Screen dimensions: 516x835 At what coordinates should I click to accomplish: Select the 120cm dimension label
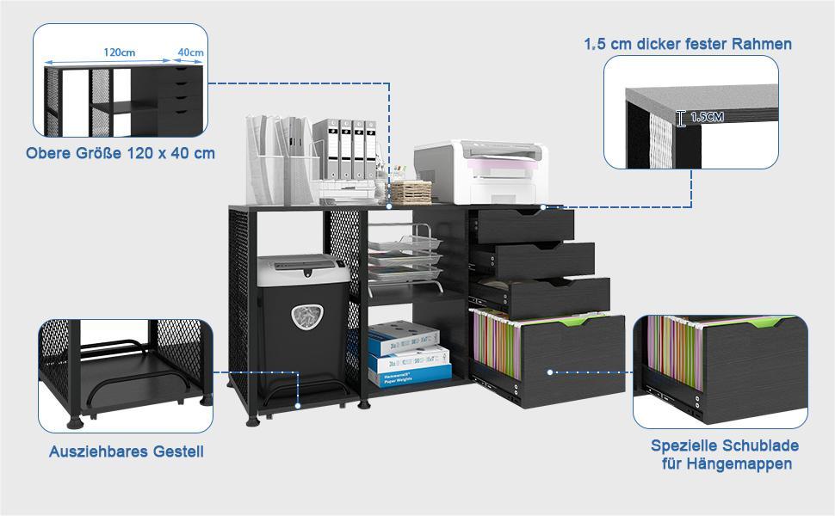pyautogui.click(x=119, y=52)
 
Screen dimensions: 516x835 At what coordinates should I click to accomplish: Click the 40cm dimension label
pyautogui.click(x=190, y=52)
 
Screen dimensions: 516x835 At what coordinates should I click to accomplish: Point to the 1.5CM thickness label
pyautogui.click(x=706, y=117)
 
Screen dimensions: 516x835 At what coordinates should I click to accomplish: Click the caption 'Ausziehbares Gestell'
pyautogui.click(x=127, y=451)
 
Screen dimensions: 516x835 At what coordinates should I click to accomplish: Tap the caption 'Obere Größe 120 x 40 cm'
pyautogui.click(x=121, y=153)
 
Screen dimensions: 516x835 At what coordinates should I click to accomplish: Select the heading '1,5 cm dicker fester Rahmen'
pyautogui.click(x=688, y=43)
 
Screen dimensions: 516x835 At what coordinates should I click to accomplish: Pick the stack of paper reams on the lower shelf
pyautogui.click(x=409, y=353)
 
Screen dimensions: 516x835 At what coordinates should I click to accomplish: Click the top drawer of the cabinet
pyautogui.click(x=525, y=225)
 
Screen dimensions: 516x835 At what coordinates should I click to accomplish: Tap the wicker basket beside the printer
pyautogui.click(x=411, y=190)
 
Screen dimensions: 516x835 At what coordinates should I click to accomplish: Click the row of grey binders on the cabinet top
pyautogui.click(x=345, y=149)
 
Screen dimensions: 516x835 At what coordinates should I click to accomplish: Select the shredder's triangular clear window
pyautogui.click(x=306, y=316)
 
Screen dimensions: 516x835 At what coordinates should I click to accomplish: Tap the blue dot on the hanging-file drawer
pyautogui.click(x=549, y=372)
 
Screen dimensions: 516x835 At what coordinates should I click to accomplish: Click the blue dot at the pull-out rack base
pyautogui.click(x=297, y=404)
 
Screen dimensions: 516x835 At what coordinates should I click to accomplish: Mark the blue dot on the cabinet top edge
pyautogui.click(x=390, y=206)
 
